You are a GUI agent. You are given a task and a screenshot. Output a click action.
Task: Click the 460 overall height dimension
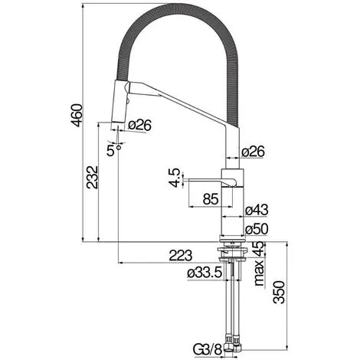point(77,116)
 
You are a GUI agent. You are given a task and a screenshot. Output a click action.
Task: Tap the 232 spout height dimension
point(92,178)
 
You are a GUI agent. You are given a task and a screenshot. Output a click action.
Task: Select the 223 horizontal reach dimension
point(181,255)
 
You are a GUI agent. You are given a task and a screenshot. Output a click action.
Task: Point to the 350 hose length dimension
point(279,293)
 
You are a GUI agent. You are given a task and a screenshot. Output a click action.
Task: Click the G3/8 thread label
point(208,350)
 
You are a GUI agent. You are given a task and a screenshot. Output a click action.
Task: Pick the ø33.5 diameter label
point(205,273)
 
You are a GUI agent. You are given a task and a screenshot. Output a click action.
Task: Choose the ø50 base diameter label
point(257,229)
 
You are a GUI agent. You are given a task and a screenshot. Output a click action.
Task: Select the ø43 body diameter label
point(257,210)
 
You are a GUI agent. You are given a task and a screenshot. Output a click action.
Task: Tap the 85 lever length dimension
point(211,199)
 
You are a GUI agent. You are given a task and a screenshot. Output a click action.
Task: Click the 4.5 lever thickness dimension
point(175,178)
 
